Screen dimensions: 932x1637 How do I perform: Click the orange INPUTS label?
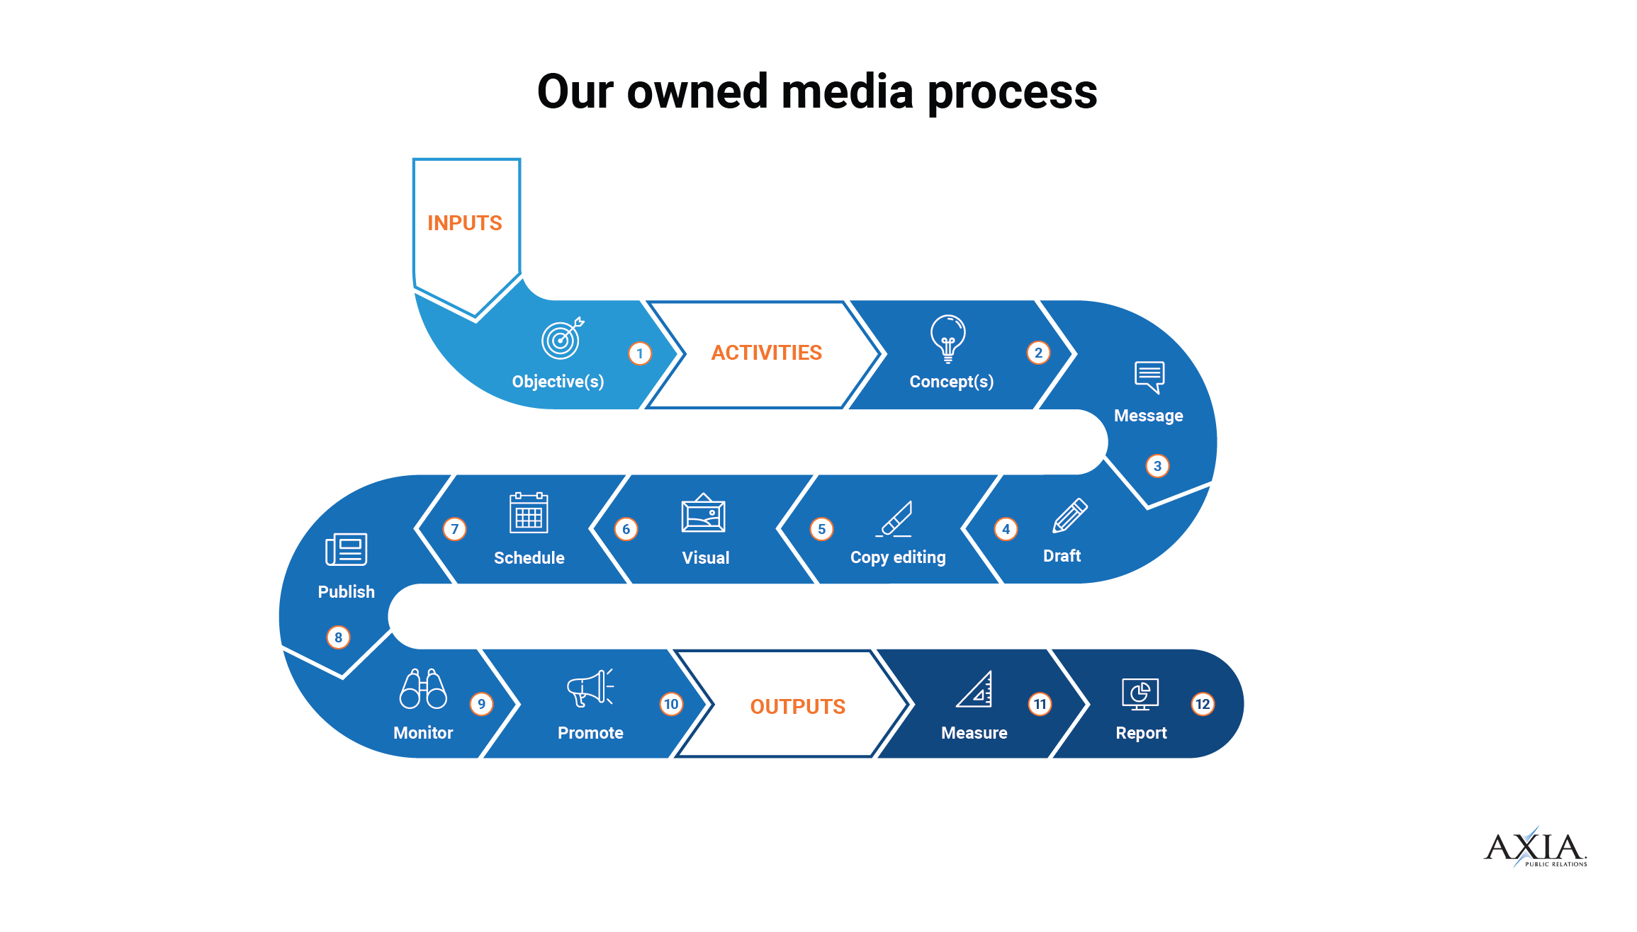click(465, 223)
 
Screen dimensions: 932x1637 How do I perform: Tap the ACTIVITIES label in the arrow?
click(767, 353)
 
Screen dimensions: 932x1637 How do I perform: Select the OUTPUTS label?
click(798, 706)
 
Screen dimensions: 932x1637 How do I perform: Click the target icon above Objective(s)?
click(562, 339)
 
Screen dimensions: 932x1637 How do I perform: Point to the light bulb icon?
click(948, 338)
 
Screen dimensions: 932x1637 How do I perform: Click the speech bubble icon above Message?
click(1149, 377)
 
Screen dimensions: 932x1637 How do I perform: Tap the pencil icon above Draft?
click(1069, 515)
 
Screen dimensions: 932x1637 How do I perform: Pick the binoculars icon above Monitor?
click(423, 689)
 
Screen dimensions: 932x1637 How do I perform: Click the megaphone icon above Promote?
click(590, 688)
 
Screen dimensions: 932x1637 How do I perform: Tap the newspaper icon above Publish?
click(346, 550)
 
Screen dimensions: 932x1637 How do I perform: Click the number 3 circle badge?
click(1157, 466)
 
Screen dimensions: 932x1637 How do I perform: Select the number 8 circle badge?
click(338, 637)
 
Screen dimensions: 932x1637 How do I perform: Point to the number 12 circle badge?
click(1203, 704)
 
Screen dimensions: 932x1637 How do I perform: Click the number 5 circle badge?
click(821, 529)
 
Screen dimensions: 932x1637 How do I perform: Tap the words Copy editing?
click(898, 557)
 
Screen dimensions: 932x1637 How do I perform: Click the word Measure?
click(974, 733)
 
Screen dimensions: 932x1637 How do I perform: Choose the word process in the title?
click(1012, 93)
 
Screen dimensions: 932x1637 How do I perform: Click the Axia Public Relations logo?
click(1535, 848)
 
